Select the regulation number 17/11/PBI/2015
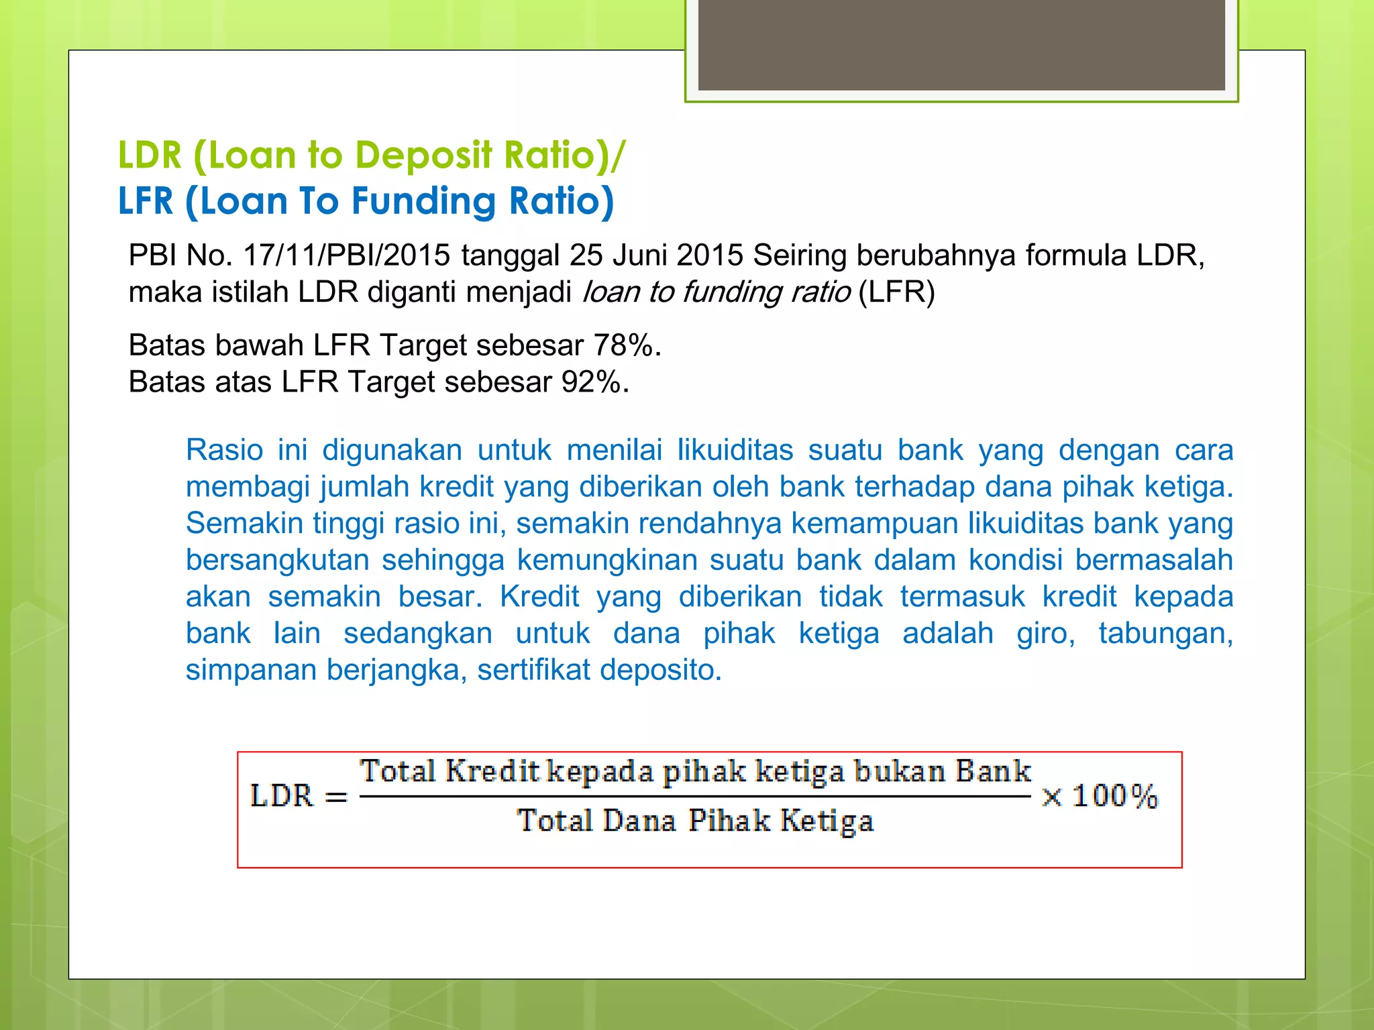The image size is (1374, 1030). click(346, 255)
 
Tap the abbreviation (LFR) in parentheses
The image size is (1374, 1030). click(896, 292)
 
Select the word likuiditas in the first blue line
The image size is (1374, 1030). click(735, 450)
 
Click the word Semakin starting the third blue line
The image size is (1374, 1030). click(244, 523)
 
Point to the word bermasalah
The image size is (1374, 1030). click(1154, 560)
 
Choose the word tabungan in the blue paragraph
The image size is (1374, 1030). click(1165, 633)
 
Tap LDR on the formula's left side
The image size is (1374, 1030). click(282, 796)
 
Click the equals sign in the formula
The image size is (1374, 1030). click(336, 797)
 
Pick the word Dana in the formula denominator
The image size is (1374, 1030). click(639, 821)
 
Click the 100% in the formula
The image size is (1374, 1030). click(1115, 796)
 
